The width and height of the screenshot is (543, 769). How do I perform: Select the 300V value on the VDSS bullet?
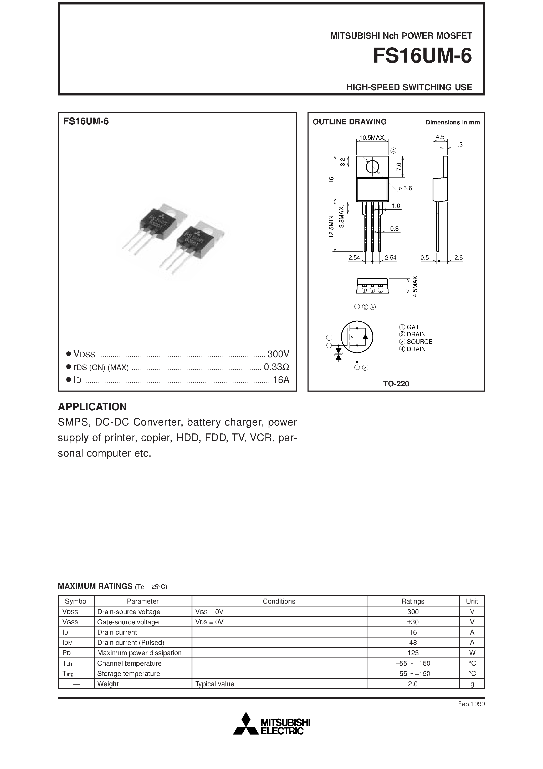click(278, 354)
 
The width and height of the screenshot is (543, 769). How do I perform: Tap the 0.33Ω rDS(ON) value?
click(276, 367)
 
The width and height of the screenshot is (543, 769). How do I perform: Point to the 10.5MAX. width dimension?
click(372, 137)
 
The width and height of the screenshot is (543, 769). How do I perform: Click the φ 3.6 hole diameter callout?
click(405, 188)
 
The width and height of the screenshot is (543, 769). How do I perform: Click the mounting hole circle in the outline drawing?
click(372, 167)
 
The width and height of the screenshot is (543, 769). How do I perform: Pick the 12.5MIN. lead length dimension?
click(331, 226)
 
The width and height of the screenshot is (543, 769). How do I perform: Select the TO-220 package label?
click(396, 384)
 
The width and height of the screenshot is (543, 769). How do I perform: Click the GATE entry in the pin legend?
click(414, 327)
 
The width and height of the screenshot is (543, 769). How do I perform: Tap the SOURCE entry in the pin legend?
click(419, 342)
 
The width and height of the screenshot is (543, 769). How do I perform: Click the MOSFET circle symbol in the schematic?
click(357, 337)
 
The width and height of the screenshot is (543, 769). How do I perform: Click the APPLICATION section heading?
click(93, 407)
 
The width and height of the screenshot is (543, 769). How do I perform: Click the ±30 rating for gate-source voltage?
click(413, 622)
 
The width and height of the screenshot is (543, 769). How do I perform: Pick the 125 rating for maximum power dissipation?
click(413, 653)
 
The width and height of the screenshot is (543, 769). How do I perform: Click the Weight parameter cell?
click(108, 684)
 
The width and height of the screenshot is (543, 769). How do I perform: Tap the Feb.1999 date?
click(471, 704)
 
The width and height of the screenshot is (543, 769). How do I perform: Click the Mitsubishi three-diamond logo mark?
click(246, 724)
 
